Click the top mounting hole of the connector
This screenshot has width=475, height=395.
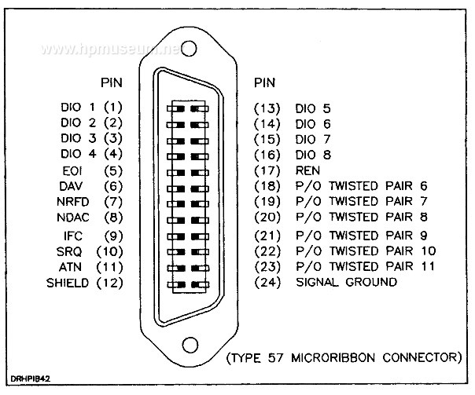189,49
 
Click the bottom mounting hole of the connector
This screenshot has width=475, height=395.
190,345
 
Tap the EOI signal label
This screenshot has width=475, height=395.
72,171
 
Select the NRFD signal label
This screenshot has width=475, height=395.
72,202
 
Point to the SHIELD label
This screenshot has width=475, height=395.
68,283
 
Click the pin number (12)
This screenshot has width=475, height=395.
109,283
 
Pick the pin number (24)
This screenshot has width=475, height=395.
267,283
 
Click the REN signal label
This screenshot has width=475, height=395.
307,171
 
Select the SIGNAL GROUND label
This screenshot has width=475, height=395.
346,282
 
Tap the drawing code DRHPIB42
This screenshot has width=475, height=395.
31,379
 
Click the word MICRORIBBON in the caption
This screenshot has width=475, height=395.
333,358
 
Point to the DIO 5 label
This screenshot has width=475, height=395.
313,108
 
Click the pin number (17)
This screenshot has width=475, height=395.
267,171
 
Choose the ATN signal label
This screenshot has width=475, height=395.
70,267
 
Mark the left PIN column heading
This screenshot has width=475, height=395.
112,82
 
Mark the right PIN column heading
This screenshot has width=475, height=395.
264,82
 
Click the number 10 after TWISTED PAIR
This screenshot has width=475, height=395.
429,251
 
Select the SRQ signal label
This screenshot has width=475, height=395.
69,252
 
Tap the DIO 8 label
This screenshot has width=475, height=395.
313,155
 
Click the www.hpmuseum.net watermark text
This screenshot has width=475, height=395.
112,49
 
